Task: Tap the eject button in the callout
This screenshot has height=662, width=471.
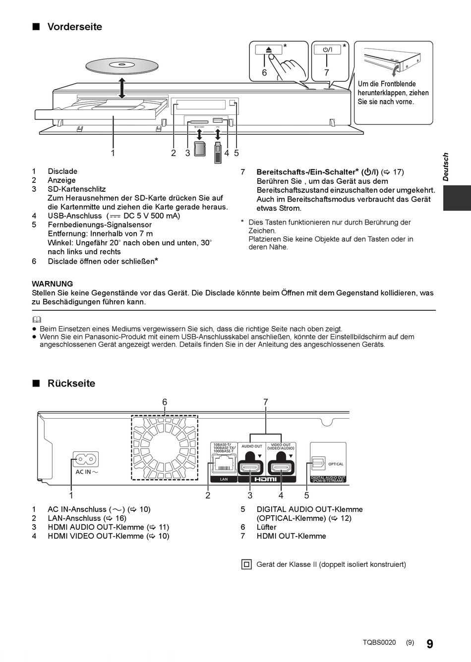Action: [x=269, y=50]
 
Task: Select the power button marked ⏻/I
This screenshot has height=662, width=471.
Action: [x=327, y=50]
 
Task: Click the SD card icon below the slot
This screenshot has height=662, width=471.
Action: [x=200, y=148]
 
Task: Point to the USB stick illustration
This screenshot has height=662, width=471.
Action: [x=218, y=153]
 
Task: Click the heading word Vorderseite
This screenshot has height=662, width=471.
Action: [x=74, y=27]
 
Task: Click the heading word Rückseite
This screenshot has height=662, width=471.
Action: [x=71, y=383]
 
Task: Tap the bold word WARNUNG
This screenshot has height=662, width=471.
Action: [x=52, y=284]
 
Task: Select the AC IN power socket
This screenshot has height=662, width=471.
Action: [x=86, y=459]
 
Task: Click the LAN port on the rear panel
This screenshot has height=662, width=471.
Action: [x=224, y=464]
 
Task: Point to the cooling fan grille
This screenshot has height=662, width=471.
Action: [x=165, y=447]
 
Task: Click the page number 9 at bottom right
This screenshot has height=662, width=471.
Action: [x=429, y=644]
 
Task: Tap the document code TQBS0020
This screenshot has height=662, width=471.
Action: [x=379, y=643]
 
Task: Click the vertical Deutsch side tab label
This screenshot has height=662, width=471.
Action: [x=445, y=167]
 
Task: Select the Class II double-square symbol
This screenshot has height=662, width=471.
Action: [x=246, y=564]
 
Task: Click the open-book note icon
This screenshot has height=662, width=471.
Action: [x=36, y=320]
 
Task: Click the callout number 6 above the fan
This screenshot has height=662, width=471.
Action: [x=165, y=402]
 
